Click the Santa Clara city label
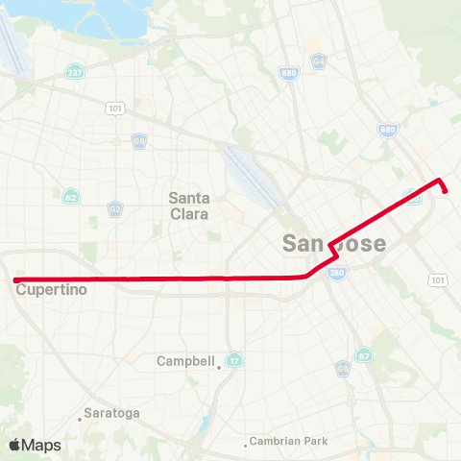click(x=188, y=206)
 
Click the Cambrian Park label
click(x=288, y=442)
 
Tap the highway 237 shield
click(x=73, y=73)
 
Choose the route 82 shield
click(x=72, y=197)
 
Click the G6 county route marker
click(x=139, y=140)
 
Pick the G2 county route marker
click(x=115, y=207)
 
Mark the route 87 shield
click(x=364, y=355)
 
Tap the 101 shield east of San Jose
click(x=438, y=279)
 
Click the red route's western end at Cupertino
click(x=16, y=280)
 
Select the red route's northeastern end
click(x=448, y=191)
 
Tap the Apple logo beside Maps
click(x=14, y=445)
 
